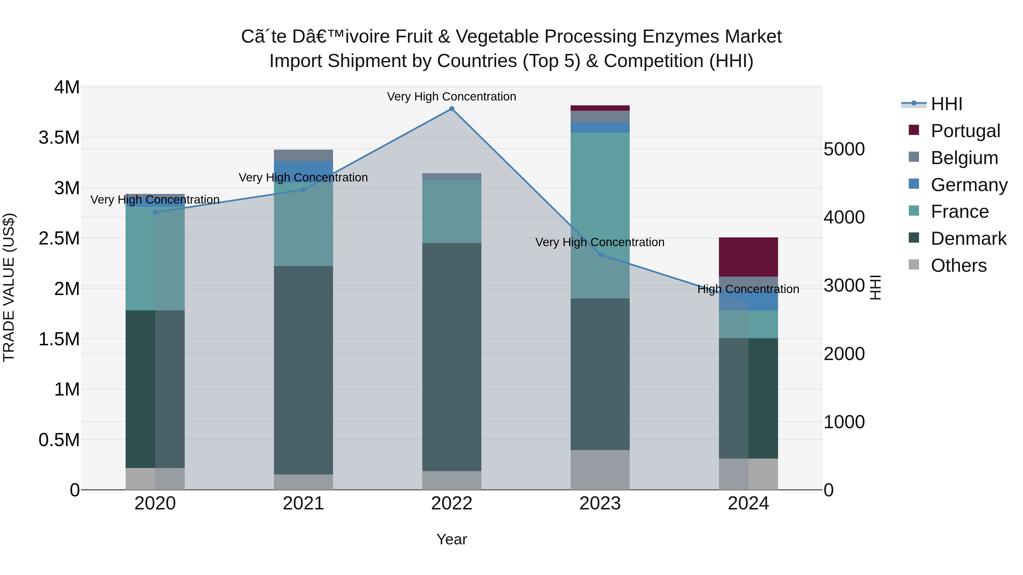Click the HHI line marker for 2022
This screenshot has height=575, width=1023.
coord(452,109)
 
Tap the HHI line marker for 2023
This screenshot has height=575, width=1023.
coord(600,254)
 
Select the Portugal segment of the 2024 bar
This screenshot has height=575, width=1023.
coord(748,257)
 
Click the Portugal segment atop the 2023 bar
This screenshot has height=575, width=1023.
coord(600,108)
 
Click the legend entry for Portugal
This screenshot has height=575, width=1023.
coord(965,131)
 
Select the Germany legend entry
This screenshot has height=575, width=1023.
coord(969,185)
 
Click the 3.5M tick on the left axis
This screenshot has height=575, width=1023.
coord(59,138)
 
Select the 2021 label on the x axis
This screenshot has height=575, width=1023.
coord(303,503)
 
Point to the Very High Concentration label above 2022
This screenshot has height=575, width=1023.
coord(452,97)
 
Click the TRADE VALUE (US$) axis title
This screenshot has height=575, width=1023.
coord(9,287)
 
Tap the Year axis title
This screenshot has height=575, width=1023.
coord(452,539)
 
